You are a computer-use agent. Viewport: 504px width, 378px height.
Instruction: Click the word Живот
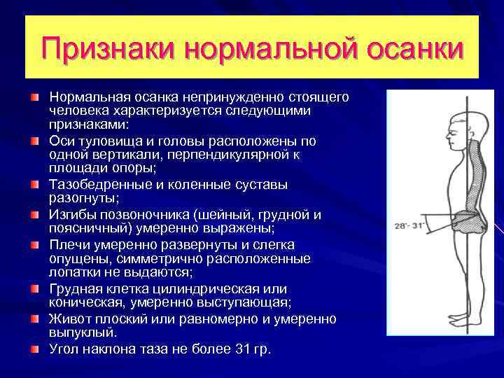[x=67, y=319]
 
